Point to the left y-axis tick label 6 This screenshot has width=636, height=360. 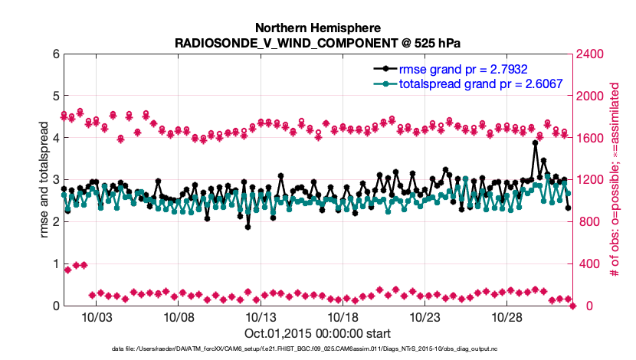pos(55,54)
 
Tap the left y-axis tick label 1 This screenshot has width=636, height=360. pos(55,264)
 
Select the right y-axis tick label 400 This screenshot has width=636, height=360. pos(586,264)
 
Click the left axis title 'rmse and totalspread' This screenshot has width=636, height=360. pos(33,180)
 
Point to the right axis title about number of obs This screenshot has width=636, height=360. pos(614,180)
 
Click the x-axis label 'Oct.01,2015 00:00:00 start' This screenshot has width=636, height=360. pos(318,333)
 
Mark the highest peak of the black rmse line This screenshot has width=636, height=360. pos(535,142)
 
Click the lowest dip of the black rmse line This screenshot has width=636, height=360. pos(248,227)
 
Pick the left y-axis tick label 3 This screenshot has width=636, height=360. pos(55,180)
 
